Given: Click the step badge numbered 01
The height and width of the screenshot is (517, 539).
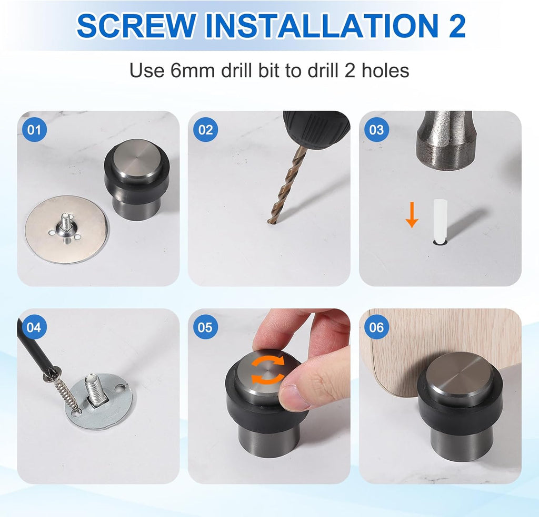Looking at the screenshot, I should pyautogui.click(x=34, y=130).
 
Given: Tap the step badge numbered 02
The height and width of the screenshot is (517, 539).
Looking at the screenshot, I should pyautogui.click(x=205, y=130).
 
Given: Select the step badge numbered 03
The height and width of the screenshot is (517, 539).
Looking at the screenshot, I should pyautogui.click(x=376, y=130).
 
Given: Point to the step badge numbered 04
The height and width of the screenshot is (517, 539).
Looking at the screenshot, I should pyautogui.click(x=34, y=328).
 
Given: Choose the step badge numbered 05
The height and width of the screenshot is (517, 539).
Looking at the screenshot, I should pyautogui.click(x=205, y=328).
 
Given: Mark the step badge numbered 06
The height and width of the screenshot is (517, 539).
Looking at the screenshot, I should pyautogui.click(x=376, y=328).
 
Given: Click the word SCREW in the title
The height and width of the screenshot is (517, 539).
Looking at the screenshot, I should pyautogui.click(x=136, y=26).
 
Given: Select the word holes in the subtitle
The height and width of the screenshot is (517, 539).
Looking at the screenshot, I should pyautogui.click(x=385, y=70).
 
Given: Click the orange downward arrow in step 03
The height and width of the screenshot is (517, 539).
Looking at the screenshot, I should pyautogui.click(x=412, y=215).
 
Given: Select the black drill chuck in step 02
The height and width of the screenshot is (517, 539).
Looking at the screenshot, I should pyautogui.click(x=316, y=128).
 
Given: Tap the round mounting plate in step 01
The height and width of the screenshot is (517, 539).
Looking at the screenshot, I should pyautogui.click(x=66, y=229).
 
